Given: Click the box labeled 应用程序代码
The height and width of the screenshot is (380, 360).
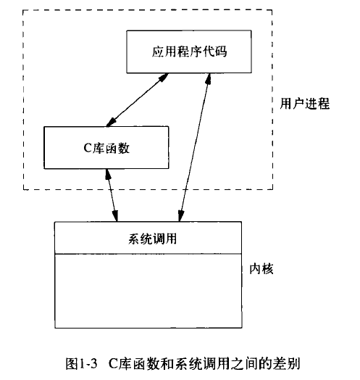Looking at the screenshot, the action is pos(189,51).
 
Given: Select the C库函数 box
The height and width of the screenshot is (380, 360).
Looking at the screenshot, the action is pos(106,147).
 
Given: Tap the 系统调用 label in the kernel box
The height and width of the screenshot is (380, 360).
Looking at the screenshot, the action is pos(152,239).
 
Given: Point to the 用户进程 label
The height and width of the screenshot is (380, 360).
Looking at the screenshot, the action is pos(305,104).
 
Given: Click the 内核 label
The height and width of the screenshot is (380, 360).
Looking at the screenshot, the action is pos(261,269).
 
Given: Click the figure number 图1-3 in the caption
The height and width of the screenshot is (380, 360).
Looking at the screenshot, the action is pos(81,364).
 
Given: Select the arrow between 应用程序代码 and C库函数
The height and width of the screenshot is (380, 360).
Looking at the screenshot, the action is pos(138,100).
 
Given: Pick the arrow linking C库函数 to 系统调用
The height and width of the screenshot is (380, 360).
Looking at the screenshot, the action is pos(112,195).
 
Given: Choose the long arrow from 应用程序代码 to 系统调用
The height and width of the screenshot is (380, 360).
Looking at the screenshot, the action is pos(195,147).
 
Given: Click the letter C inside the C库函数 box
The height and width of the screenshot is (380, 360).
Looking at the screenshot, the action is pos(88,148).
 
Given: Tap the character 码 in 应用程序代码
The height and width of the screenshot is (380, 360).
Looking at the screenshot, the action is pos(221,51).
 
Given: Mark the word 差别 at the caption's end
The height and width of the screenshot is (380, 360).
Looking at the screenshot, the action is pos(287,364).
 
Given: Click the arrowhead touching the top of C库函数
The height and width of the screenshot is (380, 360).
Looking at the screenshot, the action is pos(111,123).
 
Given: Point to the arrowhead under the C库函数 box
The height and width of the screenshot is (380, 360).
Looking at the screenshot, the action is pos(107,174).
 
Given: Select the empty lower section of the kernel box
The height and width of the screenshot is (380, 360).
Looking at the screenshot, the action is pos(148,291).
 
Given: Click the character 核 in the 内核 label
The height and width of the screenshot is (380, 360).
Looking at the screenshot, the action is pos(267,269).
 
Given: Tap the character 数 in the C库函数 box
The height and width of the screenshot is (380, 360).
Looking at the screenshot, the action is pos(124,148).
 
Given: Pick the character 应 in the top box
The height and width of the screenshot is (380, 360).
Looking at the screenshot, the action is pos(158,51).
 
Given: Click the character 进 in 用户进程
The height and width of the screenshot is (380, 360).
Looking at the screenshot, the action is pos(311,104).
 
